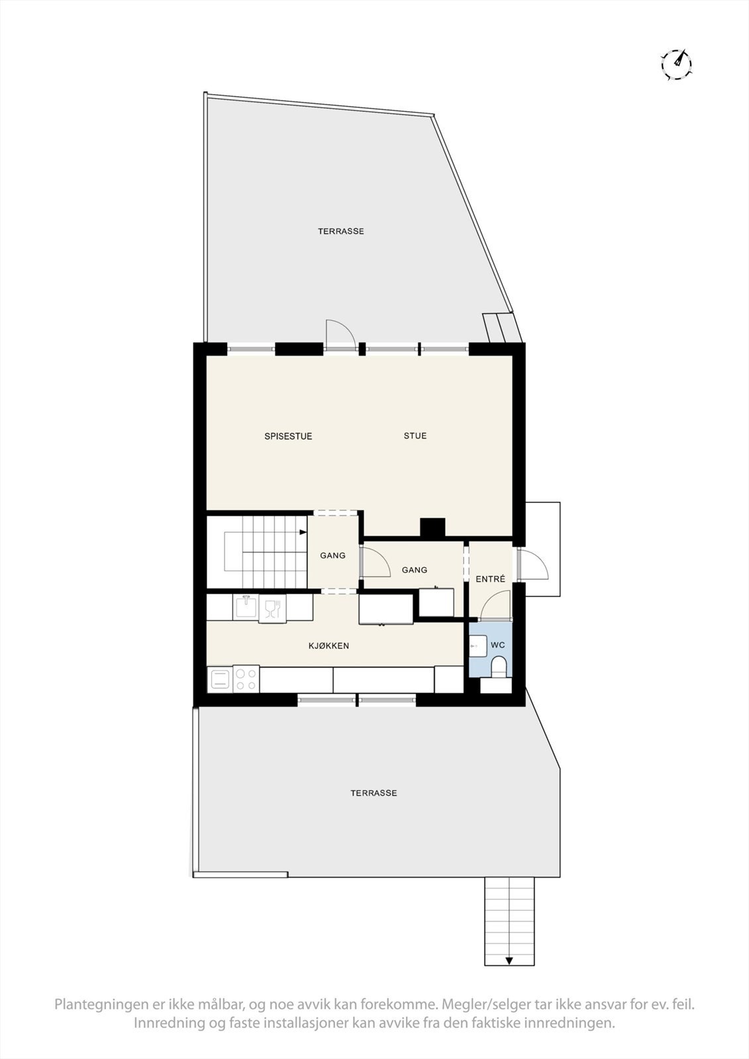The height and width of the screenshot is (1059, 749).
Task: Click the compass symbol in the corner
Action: [x=677, y=64]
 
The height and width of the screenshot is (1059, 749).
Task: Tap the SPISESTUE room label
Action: [x=288, y=436]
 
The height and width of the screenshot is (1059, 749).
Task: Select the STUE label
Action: [x=415, y=436]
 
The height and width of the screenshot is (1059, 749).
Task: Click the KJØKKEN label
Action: [x=328, y=645]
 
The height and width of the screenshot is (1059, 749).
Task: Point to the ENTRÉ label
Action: [x=490, y=579]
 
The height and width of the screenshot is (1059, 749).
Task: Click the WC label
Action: [x=498, y=645]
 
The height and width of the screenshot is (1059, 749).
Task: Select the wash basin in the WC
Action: [x=477, y=645]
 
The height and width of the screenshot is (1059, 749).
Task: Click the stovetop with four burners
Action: [x=246, y=679]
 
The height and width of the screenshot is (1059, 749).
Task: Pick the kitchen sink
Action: [x=246, y=607]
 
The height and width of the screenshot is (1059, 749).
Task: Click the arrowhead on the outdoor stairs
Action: [x=509, y=960]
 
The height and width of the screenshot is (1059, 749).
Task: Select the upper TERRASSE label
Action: [x=340, y=232]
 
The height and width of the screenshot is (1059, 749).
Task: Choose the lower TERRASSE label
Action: [x=374, y=793]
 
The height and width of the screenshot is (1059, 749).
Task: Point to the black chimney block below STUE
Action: [x=432, y=528]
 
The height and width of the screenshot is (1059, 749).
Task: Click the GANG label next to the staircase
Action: [x=332, y=555]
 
